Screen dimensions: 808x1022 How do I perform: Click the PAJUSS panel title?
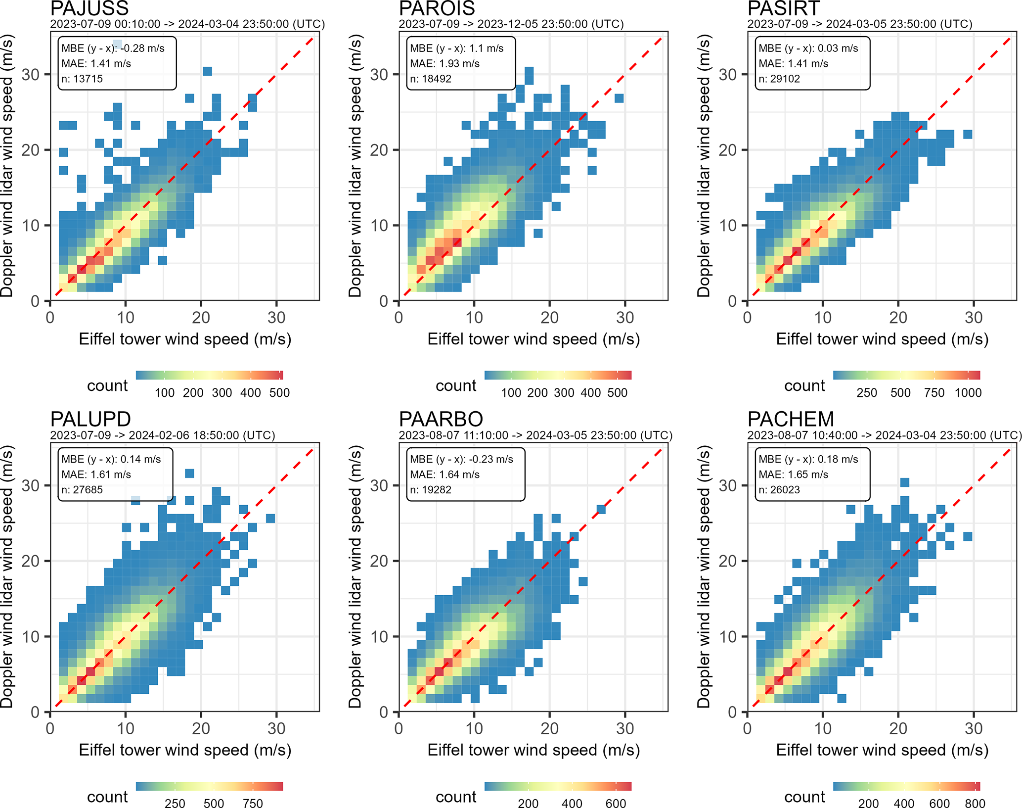coord(89,8)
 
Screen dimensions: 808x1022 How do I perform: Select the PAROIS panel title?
coord(437,8)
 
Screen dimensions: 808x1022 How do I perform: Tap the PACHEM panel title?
coord(791,419)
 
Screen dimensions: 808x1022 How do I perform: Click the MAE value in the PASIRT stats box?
coord(793,63)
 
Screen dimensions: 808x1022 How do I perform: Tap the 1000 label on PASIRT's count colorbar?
coord(968,393)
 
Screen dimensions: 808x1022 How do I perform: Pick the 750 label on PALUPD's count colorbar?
coord(253,803)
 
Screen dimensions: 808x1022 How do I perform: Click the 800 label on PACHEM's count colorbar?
coord(975,803)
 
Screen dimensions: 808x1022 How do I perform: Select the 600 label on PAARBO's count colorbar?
coord(616,803)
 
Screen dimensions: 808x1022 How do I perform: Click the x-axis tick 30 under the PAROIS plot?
coord(625,317)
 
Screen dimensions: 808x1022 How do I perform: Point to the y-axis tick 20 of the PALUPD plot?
coord(30,561)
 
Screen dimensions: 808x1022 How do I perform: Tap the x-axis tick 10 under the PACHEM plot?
coord(823,728)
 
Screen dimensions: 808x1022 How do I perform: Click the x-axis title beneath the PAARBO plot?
coord(533,750)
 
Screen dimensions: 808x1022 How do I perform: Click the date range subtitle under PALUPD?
coord(163,435)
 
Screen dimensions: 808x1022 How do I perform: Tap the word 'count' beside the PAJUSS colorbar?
coord(107,385)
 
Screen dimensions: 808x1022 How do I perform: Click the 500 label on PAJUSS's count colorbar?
coord(279,393)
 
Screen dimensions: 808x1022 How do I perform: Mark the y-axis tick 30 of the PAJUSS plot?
coord(30,75)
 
